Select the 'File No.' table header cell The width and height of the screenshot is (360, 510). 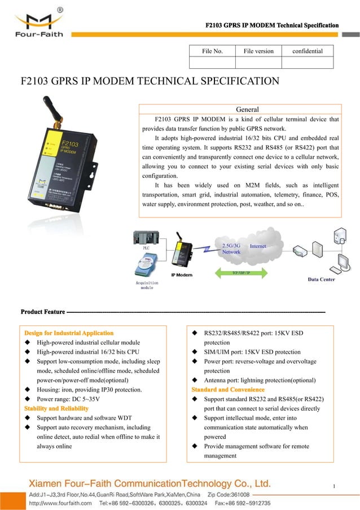[212, 51]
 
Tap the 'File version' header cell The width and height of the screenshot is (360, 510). [258, 51]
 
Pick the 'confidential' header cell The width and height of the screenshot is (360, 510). [308, 51]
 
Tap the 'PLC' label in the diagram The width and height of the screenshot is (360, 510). [146, 247]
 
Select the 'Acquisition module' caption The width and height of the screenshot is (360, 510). [147, 284]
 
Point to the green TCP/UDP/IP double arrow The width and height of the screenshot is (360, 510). [241, 273]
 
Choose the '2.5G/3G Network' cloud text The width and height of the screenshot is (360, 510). [231, 249]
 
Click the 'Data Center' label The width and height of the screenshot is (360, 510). [321, 279]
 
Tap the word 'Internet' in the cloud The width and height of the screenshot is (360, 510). [258, 246]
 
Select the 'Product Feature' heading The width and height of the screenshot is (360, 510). [42, 312]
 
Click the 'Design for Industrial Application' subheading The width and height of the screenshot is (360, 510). [68, 333]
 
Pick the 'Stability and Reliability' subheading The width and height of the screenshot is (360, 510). [56, 408]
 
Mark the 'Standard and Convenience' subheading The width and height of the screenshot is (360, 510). [228, 390]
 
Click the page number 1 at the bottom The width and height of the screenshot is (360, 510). [335, 486]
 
